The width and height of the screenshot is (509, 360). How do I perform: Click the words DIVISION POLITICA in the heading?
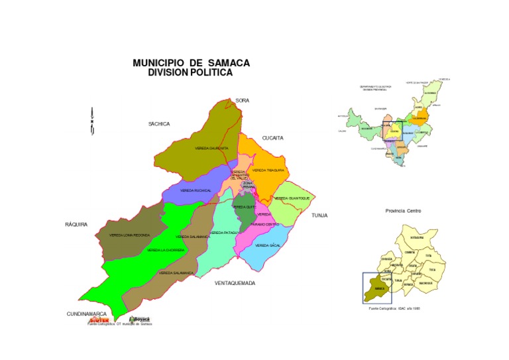190,73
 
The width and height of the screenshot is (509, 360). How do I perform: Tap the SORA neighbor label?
242,100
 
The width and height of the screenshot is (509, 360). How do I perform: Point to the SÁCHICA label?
159,123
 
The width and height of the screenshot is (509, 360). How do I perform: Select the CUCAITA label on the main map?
272,138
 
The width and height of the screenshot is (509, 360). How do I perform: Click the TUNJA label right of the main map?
320,215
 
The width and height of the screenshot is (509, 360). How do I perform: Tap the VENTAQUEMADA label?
235,282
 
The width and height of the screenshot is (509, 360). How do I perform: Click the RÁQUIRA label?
76,224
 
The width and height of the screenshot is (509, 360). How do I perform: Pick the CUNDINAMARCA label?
87,313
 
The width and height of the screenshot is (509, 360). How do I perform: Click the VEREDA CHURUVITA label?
212,148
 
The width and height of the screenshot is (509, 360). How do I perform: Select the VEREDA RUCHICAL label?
196,190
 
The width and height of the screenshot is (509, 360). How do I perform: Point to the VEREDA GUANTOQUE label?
292,198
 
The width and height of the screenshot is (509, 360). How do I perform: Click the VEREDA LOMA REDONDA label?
130,235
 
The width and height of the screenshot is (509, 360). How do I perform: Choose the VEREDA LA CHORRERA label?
166,250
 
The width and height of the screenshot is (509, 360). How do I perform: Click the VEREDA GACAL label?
268,245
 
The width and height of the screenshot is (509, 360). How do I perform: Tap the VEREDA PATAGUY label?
225,233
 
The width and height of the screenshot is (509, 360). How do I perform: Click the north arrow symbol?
92,121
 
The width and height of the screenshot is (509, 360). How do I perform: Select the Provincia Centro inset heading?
403,211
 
